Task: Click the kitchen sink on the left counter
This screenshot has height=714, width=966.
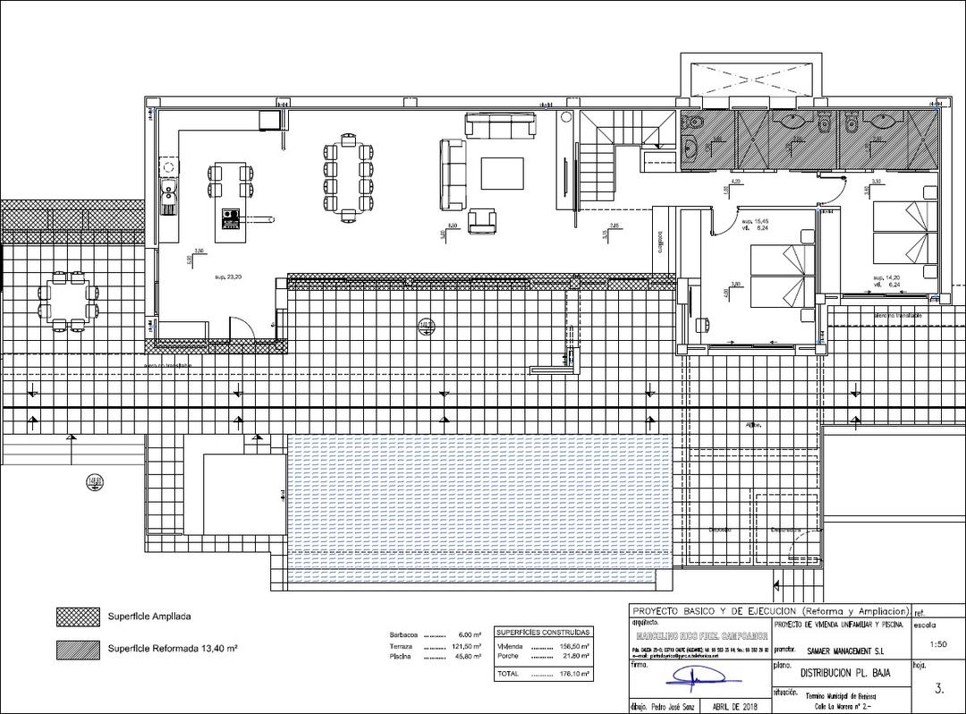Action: coord(167,191)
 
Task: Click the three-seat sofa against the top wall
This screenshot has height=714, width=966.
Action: coord(500,125)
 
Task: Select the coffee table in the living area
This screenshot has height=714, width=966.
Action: coord(502,173)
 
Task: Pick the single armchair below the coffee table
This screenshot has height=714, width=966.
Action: coord(484,220)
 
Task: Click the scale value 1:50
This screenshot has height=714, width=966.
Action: coord(938,643)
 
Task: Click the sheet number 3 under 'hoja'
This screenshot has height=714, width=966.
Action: coord(938,689)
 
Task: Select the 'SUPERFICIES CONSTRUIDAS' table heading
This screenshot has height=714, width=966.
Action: coord(543,631)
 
